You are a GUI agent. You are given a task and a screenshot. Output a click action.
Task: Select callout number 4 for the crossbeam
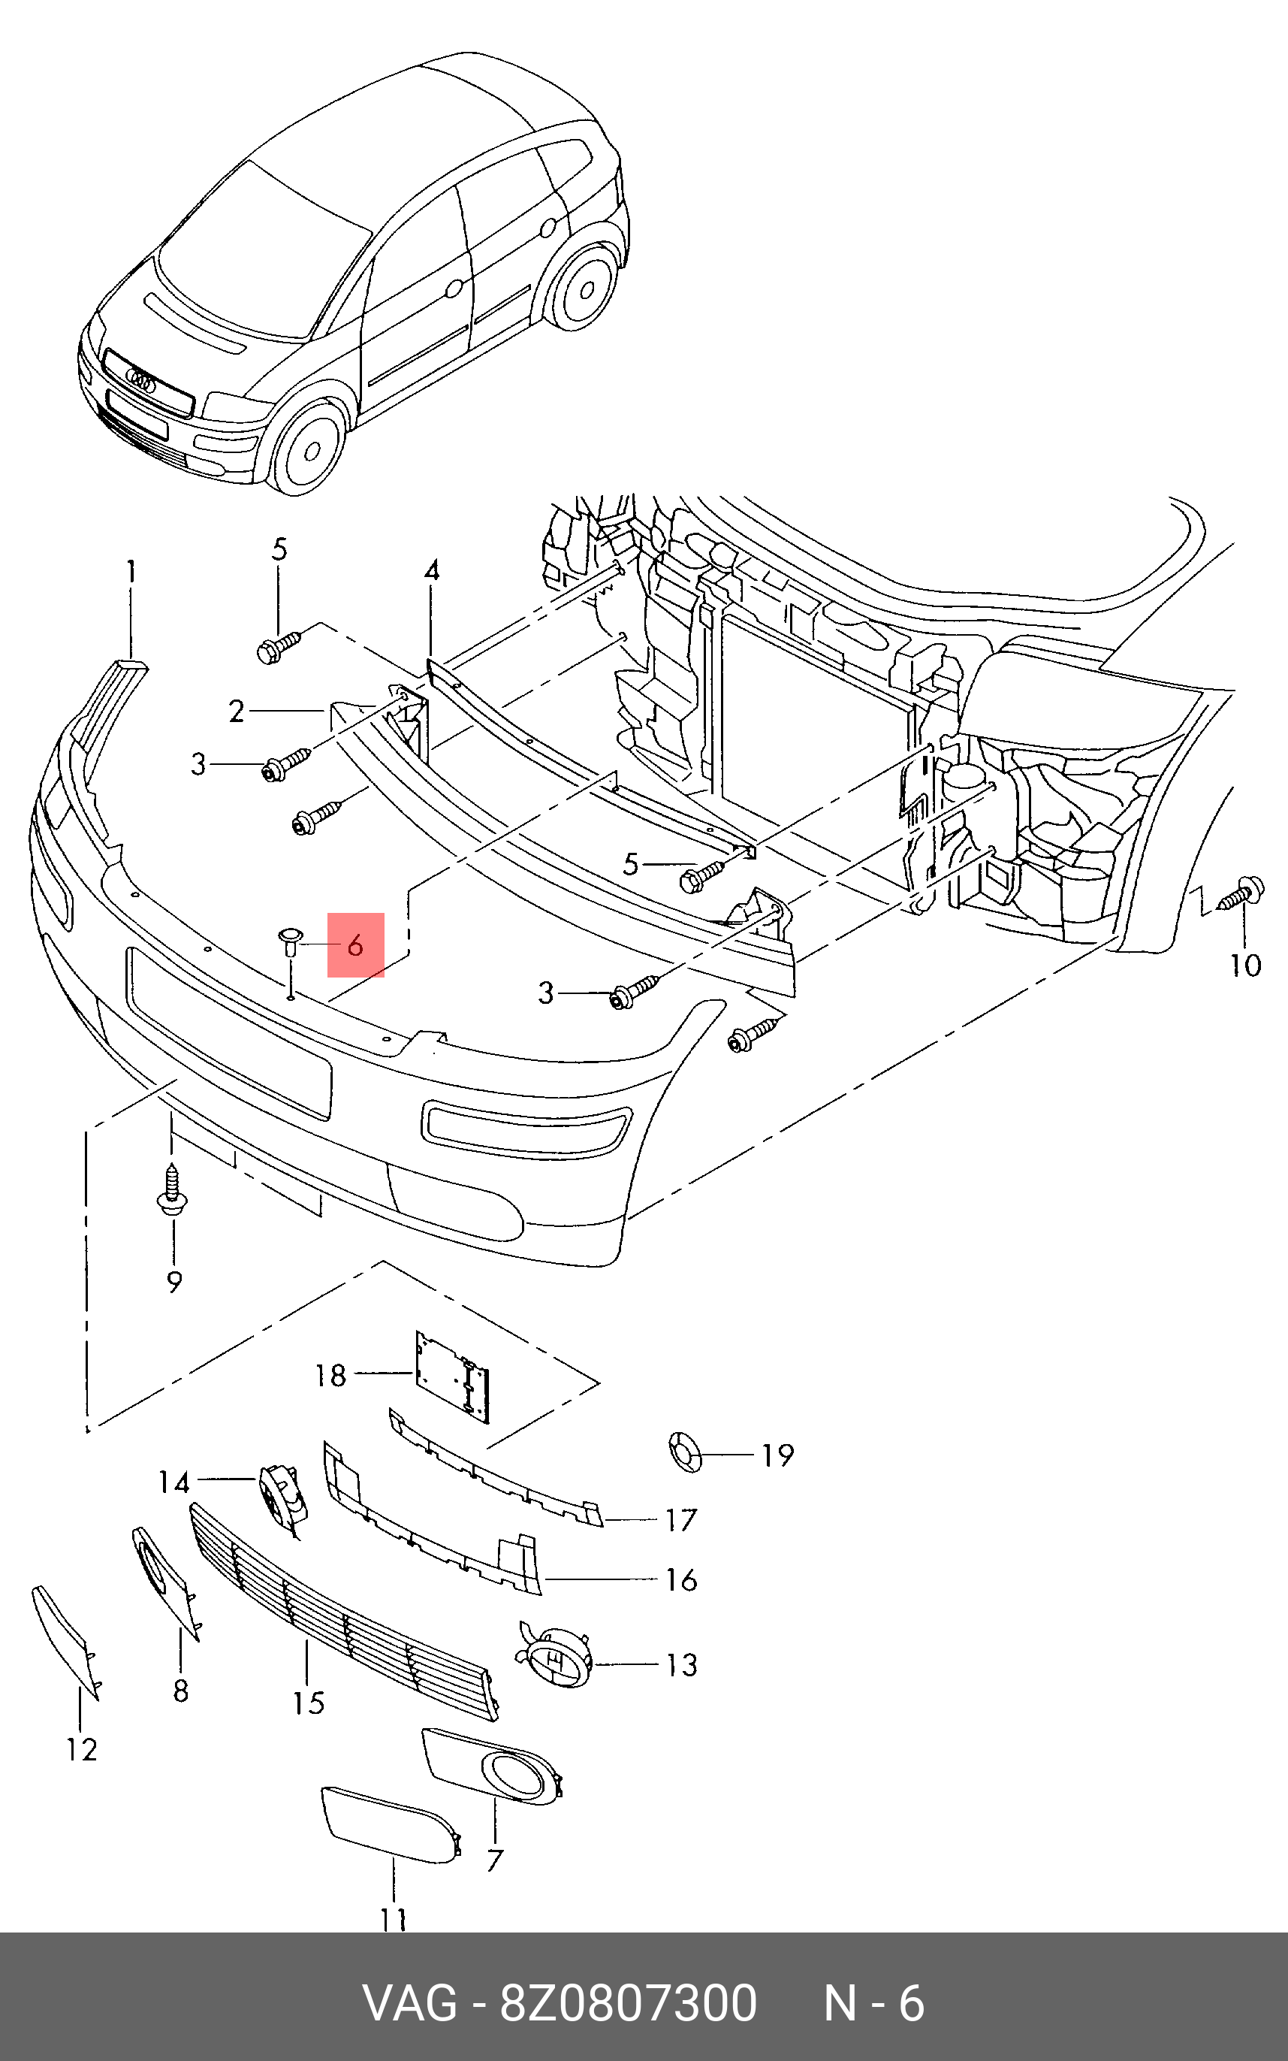coord(432,570)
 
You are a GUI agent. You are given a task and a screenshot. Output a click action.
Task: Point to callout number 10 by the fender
coord(1245,965)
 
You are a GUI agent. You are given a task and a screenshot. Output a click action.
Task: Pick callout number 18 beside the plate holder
coord(330,1375)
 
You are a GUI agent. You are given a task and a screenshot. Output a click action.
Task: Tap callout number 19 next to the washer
coord(777,1455)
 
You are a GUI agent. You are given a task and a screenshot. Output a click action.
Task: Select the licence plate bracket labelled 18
coord(452,1377)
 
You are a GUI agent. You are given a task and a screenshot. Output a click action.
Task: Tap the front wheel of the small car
coord(309,446)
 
